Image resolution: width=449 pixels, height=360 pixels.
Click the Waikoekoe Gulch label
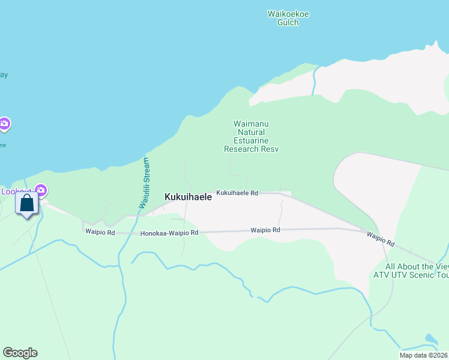click(x=288, y=18)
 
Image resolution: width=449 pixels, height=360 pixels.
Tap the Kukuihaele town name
click(x=188, y=196)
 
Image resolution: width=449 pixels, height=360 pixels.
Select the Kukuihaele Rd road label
click(x=237, y=193)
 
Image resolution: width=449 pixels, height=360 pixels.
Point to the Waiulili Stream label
click(x=145, y=183)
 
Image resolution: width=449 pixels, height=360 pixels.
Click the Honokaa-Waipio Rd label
click(x=169, y=233)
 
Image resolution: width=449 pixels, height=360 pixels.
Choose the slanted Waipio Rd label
click(x=381, y=239)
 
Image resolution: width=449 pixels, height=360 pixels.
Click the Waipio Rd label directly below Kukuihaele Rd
click(x=265, y=230)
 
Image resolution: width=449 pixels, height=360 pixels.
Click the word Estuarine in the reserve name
click(x=249, y=140)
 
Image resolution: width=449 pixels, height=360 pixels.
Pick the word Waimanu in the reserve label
click(x=249, y=124)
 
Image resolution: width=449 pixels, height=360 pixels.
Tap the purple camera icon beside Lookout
click(x=41, y=191)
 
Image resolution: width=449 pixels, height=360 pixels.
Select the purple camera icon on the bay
click(x=4, y=124)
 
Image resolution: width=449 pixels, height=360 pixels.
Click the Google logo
click(x=20, y=353)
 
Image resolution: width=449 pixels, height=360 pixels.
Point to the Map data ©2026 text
click(x=424, y=355)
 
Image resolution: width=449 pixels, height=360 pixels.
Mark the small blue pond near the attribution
click(x=430, y=340)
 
